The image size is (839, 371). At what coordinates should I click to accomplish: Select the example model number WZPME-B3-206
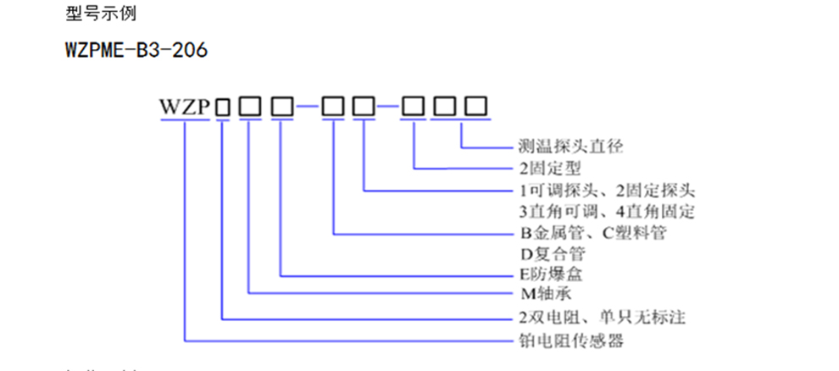click(136, 51)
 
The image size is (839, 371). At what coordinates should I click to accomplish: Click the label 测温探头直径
click(570, 147)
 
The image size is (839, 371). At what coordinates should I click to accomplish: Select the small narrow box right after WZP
click(223, 108)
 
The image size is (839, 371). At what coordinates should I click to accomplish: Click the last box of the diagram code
click(476, 107)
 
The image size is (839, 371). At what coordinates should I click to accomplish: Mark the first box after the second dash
click(414, 107)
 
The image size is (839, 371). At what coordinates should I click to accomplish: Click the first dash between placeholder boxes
click(308, 108)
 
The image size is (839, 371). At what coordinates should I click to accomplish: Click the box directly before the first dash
click(281, 107)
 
